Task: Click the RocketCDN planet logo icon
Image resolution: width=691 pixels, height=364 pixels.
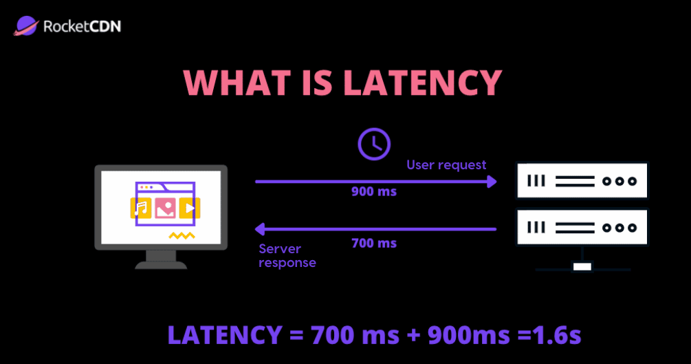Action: click(25, 27)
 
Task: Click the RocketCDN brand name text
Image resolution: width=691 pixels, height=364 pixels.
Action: click(82, 28)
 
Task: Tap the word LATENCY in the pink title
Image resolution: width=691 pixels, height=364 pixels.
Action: click(422, 83)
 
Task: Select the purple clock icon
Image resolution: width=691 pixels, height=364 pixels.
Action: click(374, 144)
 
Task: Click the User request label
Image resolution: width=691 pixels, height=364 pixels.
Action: click(446, 165)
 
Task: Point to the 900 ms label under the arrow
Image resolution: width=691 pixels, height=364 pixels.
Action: click(373, 192)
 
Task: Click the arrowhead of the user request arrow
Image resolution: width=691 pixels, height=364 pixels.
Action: click(491, 182)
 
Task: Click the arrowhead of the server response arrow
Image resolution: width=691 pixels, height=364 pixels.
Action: click(261, 228)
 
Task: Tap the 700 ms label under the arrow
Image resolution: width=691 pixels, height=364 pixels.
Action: click(373, 243)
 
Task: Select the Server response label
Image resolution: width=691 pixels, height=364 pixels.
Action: click(287, 255)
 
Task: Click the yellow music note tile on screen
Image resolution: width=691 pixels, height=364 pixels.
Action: click(141, 208)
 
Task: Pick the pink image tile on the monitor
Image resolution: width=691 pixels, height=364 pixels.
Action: click(164, 208)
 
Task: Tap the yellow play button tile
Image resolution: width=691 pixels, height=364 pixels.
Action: click(188, 207)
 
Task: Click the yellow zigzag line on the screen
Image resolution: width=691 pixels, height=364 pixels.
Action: click(182, 236)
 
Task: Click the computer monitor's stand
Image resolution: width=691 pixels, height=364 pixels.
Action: click(161, 259)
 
